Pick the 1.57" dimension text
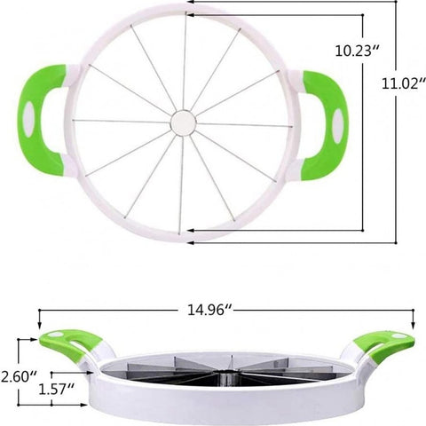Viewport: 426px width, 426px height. (x=55, y=388)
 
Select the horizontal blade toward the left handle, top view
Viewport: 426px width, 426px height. (x=124, y=120)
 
